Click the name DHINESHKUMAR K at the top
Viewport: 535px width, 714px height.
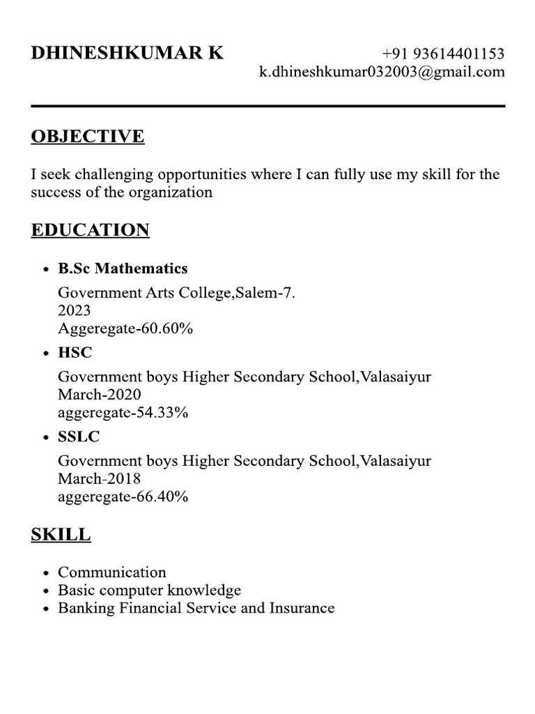tap(127, 54)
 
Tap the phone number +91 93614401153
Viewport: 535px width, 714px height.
tap(443, 54)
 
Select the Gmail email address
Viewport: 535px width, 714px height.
tap(382, 72)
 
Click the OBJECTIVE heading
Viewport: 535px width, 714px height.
tap(87, 136)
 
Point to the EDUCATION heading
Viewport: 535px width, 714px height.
tap(90, 230)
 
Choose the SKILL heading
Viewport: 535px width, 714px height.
tap(61, 535)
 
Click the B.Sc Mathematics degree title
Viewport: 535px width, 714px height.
tap(123, 268)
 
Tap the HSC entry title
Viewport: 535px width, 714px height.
tap(75, 353)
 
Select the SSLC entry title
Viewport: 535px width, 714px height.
tap(79, 437)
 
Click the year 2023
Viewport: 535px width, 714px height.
tap(74, 311)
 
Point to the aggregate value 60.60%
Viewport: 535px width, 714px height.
tap(167, 328)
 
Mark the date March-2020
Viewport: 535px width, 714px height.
tap(99, 395)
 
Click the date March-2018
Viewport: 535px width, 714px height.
tap(99, 479)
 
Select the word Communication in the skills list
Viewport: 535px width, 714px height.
tap(111, 572)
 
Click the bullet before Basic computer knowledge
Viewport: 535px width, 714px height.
tap(46, 591)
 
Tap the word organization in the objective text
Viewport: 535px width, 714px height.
tap(170, 192)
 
